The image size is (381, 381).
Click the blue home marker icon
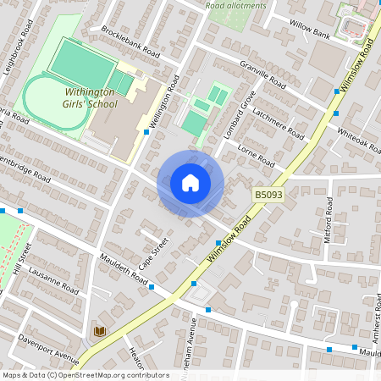190,183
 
